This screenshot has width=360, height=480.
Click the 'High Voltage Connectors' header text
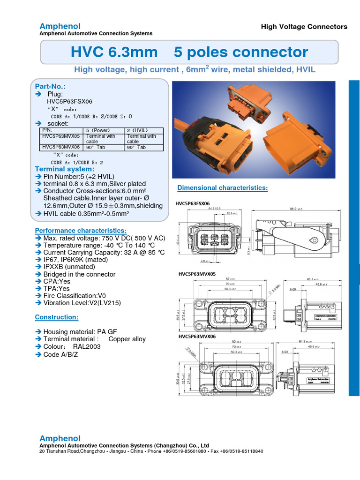[x=304, y=27]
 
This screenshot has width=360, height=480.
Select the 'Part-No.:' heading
[x=51, y=86]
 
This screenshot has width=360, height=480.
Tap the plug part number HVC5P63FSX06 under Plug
[x=69, y=101]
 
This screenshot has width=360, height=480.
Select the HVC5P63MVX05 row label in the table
[x=61, y=136]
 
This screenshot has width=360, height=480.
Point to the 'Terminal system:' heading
[x=65, y=169]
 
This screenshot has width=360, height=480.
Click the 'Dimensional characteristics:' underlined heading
[x=222, y=188]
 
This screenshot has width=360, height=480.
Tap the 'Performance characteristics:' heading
[x=81, y=231]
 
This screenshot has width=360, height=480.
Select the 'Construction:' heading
[x=57, y=317]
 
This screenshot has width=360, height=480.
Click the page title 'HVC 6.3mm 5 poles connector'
[x=189, y=52]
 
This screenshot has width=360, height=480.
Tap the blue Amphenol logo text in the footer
[x=60, y=438]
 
